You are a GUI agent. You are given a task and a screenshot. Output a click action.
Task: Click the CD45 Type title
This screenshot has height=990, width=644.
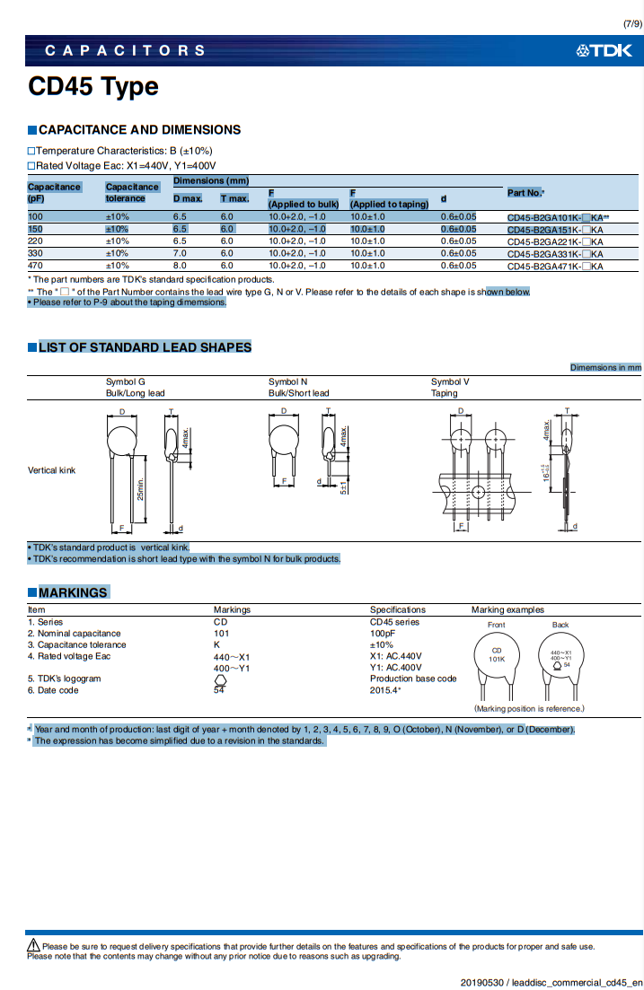point(93,87)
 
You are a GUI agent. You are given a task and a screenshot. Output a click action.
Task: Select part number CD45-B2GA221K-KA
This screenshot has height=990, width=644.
point(555,241)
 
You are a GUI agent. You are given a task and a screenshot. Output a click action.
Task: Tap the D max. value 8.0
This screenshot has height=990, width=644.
point(180,266)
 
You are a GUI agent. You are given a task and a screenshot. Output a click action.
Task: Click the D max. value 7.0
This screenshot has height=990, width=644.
point(180,253)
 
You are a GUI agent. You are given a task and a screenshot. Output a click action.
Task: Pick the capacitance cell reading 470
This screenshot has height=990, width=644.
point(35,266)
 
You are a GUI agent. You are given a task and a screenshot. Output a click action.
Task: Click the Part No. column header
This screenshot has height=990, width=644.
point(525,193)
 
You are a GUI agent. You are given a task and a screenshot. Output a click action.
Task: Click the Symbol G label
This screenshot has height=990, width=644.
point(126,381)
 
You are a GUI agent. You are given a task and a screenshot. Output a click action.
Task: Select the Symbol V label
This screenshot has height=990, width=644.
point(450,381)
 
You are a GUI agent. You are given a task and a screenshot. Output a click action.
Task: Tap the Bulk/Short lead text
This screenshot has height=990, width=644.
point(298,393)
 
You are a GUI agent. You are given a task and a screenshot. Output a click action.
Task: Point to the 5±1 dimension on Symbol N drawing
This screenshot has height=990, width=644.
point(343,486)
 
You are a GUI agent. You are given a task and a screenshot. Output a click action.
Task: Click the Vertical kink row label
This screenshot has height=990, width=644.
point(52,470)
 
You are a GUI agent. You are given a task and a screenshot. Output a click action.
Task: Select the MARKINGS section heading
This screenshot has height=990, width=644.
point(72,592)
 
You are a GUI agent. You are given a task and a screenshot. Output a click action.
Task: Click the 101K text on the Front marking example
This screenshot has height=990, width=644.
point(496,659)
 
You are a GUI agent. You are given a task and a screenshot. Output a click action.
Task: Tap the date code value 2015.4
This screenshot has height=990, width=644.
point(385,690)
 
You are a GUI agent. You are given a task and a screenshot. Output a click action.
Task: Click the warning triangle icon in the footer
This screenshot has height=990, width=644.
point(33,945)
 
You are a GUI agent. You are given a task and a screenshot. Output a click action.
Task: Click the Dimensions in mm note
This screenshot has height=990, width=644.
point(605,367)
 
